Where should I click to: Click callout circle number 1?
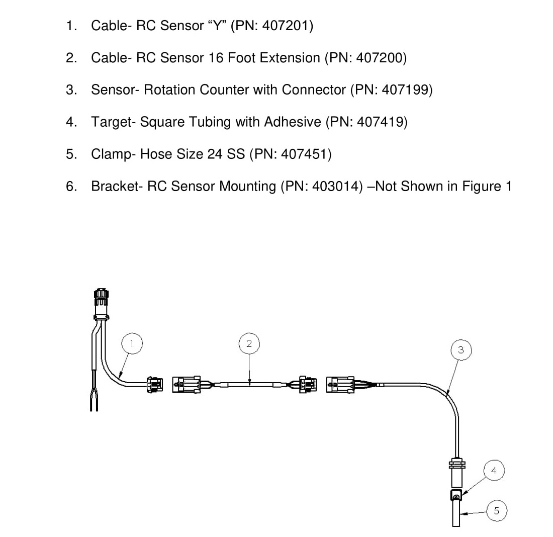(x=132, y=343)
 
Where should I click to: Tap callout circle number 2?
(x=249, y=343)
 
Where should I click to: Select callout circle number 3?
(x=461, y=350)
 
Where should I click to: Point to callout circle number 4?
(x=494, y=470)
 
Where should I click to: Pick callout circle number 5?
(x=497, y=510)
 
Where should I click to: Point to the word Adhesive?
(x=293, y=122)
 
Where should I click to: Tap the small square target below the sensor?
(x=456, y=495)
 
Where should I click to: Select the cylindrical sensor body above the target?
(x=456, y=473)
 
